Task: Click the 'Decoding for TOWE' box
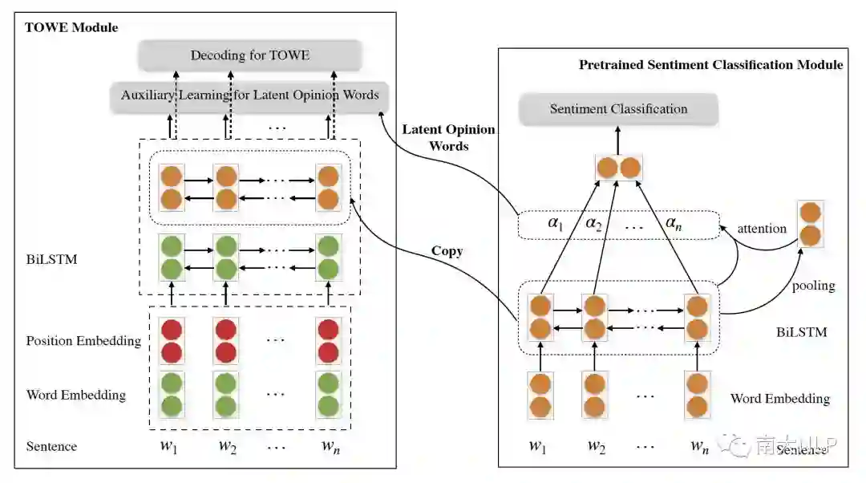click(x=249, y=55)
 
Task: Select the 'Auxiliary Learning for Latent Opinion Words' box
click(x=249, y=95)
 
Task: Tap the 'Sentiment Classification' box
click(x=618, y=109)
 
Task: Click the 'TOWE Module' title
click(x=71, y=27)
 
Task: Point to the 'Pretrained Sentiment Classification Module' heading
click(x=710, y=64)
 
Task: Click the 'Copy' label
click(x=447, y=251)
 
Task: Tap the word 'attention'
click(x=761, y=229)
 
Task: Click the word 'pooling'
click(x=813, y=286)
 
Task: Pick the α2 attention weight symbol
click(x=593, y=224)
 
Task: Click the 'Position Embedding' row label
click(x=83, y=341)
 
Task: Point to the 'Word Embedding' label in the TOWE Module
click(x=75, y=395)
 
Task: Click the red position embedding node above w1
click(x=171, y=341)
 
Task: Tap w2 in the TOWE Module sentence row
click(x=229, y=446)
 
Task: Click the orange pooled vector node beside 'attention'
click(x=810, y=225)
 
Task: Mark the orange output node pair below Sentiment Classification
click(x=618, y=168)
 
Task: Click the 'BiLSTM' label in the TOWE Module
click(x=51, y=260)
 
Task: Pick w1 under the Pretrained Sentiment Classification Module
click(x=538, y=446)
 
